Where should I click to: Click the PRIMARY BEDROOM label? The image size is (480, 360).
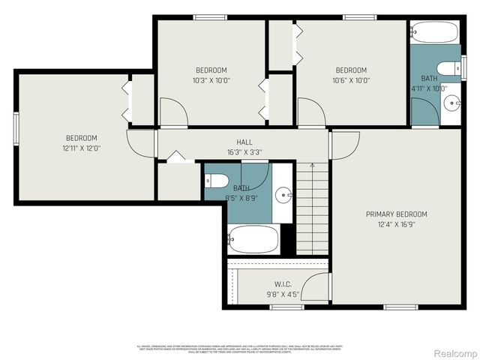point(396,214)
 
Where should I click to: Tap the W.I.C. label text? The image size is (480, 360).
point(283,284)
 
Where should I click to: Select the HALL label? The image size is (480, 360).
point(244,142)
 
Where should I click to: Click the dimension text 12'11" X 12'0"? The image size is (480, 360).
point(81,148)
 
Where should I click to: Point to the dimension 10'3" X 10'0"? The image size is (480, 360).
point(211,81)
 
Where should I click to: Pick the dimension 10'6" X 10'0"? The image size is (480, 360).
point(351,81)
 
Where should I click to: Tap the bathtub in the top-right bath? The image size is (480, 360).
point(434,32)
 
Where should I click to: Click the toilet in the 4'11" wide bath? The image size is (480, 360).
point(448,69)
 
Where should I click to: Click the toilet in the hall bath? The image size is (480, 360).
point(217,181)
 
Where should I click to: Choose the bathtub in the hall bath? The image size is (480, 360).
point(253,239)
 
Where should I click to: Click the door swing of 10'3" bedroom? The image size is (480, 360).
point(172,113)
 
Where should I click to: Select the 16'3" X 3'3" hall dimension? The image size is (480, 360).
point(244,152)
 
